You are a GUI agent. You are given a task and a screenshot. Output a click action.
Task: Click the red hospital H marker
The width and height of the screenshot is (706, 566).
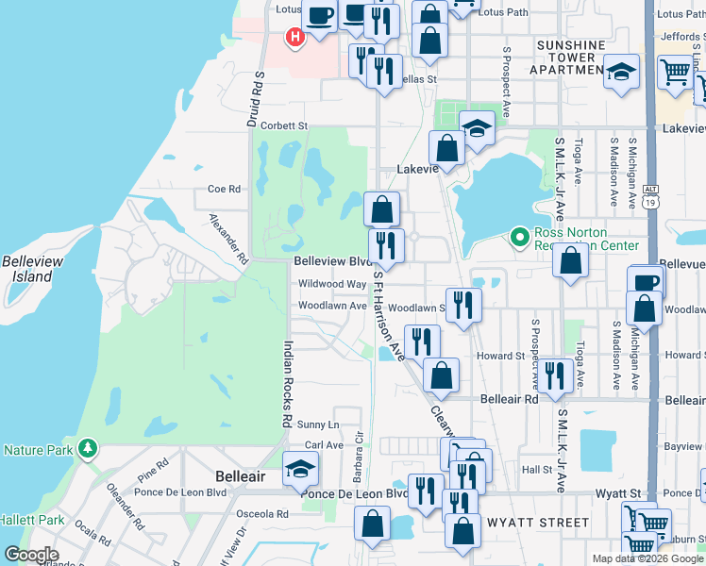[x=295, y=38]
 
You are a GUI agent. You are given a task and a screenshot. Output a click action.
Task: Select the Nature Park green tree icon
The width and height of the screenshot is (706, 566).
[x=88, y=446]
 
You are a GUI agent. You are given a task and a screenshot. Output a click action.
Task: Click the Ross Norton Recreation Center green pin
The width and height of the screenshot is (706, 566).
[x=518, y=237]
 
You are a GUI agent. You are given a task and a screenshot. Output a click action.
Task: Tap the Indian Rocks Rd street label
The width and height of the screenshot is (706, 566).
[x=288, y=383]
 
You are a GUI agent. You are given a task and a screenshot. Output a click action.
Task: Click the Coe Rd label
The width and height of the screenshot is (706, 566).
[x=224, y=189]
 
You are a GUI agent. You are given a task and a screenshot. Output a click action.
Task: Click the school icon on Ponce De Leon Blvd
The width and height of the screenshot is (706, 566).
[x=300, y=468]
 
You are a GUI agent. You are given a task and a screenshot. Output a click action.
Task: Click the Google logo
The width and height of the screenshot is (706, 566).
[x=30, y=555]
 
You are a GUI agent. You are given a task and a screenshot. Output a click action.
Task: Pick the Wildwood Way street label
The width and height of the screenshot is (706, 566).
[x=331, y=284]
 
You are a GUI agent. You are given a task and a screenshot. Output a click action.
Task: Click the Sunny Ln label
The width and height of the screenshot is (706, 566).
[x=318, y=425]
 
